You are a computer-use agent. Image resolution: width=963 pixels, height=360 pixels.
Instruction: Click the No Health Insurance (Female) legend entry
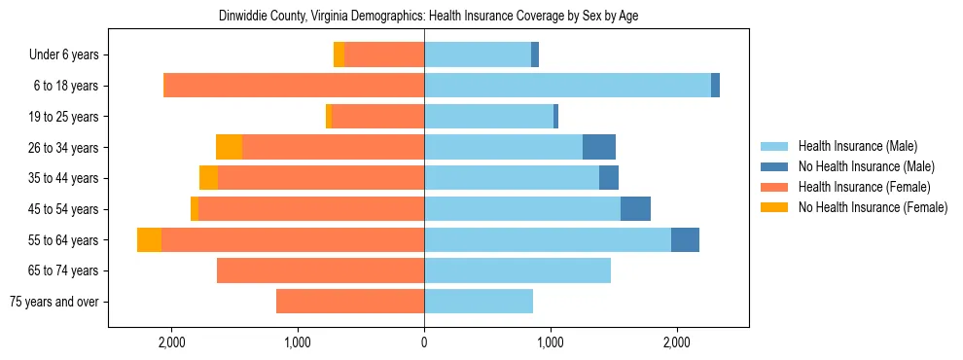[873, 207]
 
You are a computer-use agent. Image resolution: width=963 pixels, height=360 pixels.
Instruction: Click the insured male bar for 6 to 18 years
[567, 86]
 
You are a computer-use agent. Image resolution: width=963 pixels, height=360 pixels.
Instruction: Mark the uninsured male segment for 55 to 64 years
[685, 240]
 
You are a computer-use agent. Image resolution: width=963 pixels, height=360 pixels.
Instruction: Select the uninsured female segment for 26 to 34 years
[229, 148]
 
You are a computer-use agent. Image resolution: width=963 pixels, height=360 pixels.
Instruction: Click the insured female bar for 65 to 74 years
[320, 270]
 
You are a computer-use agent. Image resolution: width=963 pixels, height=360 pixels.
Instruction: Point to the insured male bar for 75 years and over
[479, 302]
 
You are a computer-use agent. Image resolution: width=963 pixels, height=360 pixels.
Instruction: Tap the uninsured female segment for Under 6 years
[339, 55]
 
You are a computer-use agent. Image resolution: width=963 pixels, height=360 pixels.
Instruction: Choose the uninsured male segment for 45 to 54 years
[635, 209]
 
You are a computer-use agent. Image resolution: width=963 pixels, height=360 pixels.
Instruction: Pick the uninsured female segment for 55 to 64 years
[149, 240]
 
